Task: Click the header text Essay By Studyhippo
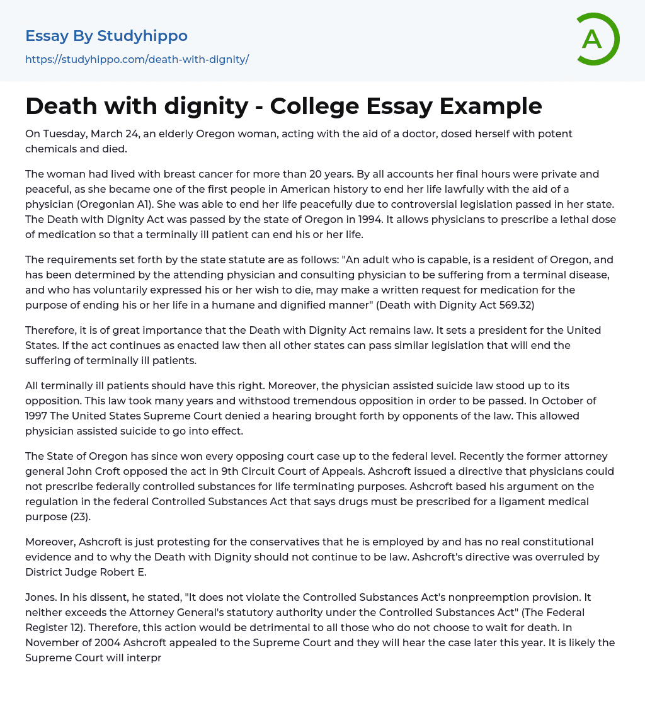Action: pos(106,36)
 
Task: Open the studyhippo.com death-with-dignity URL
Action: pos(137,59)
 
